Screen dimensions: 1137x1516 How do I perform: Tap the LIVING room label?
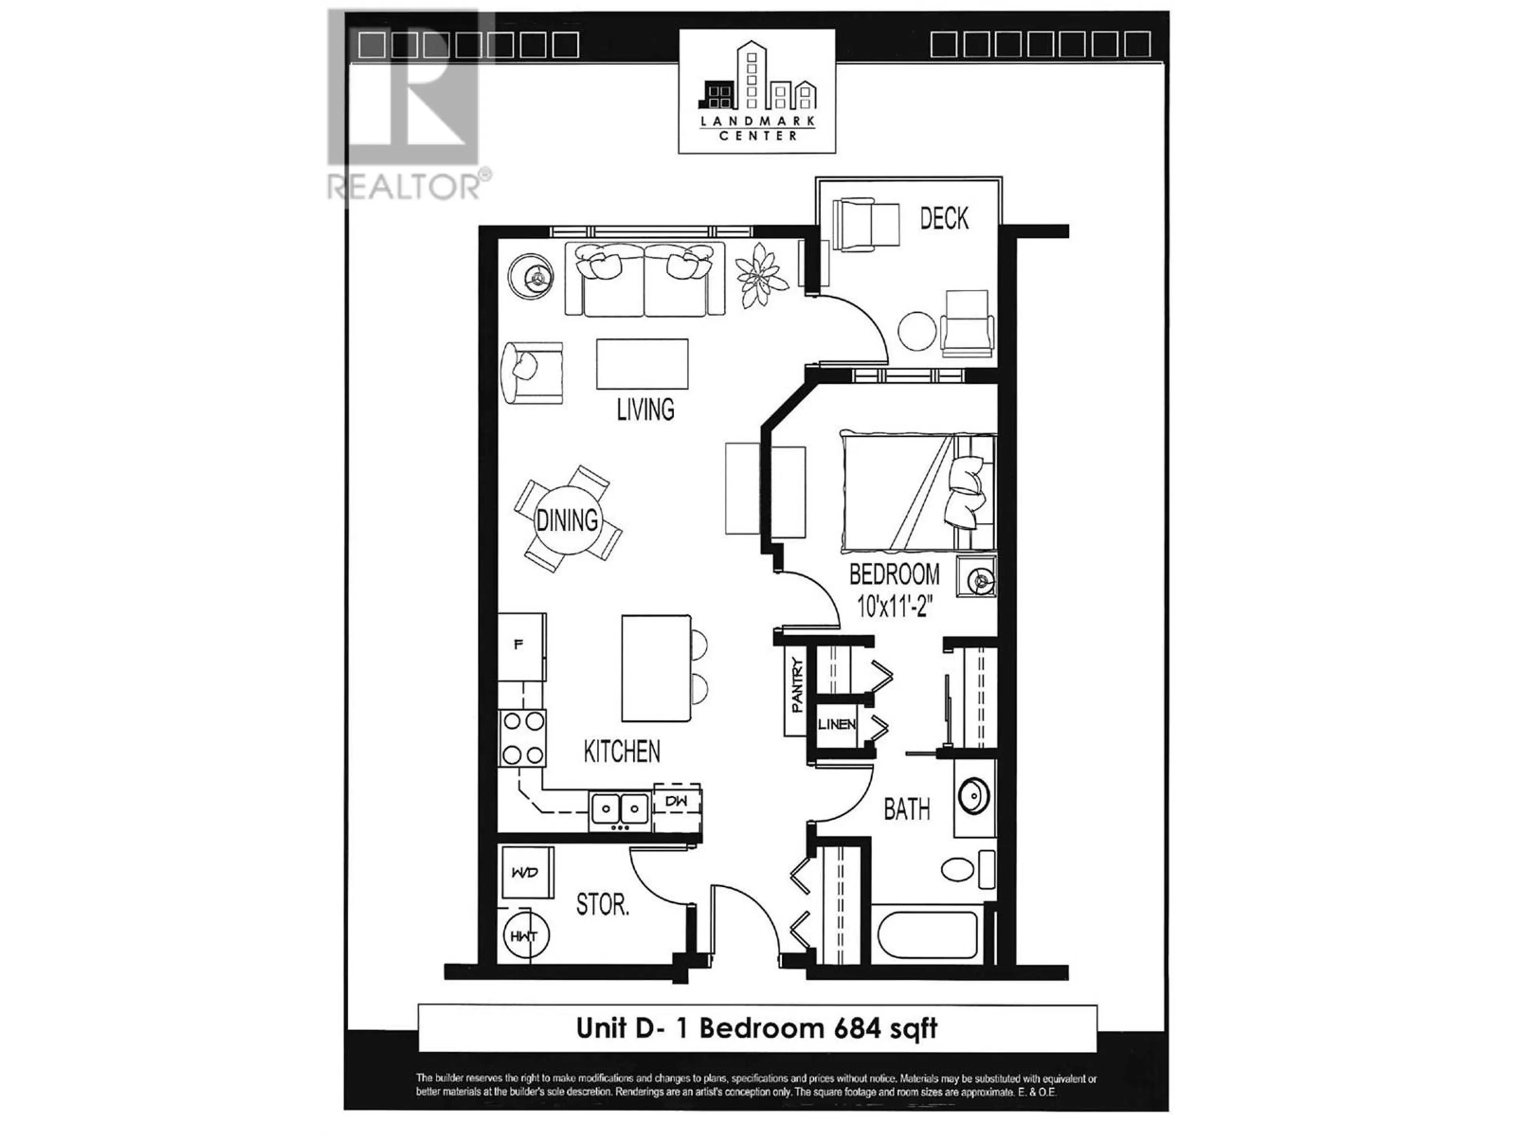click(645, 410)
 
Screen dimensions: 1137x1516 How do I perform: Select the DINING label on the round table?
click(567, 520)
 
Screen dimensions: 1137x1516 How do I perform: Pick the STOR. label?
click(602, 905)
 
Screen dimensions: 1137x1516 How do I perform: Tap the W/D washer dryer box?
click(526, 872)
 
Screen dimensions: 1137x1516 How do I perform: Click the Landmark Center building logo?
click(757, 90)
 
